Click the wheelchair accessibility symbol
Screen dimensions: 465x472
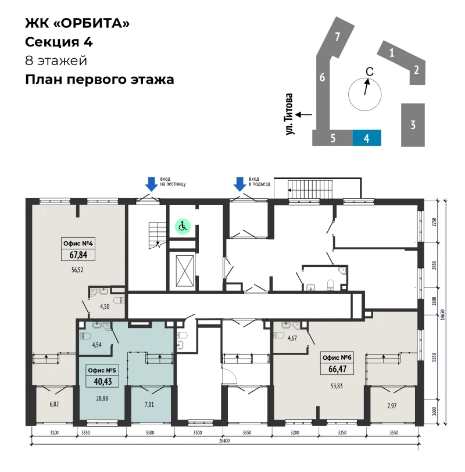[183, 226]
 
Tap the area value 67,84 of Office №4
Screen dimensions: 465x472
[78, 255]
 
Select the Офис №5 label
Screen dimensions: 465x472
[102, 370]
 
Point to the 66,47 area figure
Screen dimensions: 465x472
[337, 369]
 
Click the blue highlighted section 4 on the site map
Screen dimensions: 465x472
[367, 138]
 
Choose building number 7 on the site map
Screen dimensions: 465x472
[337, 37]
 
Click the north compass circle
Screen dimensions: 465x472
[365, 94]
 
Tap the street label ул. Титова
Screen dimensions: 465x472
[289, 114]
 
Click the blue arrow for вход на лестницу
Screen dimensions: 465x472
[151, 184]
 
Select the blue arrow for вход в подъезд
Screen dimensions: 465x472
[239, 184]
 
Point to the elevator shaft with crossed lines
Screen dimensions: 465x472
[185, 271]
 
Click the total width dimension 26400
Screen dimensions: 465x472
[224, 441]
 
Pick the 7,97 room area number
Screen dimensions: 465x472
[392, 406]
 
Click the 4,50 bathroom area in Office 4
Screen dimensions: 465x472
[105, 307]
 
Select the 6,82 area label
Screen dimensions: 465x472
[54, 404]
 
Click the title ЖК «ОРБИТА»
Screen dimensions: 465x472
[77, 23]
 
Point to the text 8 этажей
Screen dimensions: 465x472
[56, 60]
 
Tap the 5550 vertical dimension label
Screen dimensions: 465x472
[434, 357]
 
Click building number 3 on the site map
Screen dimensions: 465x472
[413, 125]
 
